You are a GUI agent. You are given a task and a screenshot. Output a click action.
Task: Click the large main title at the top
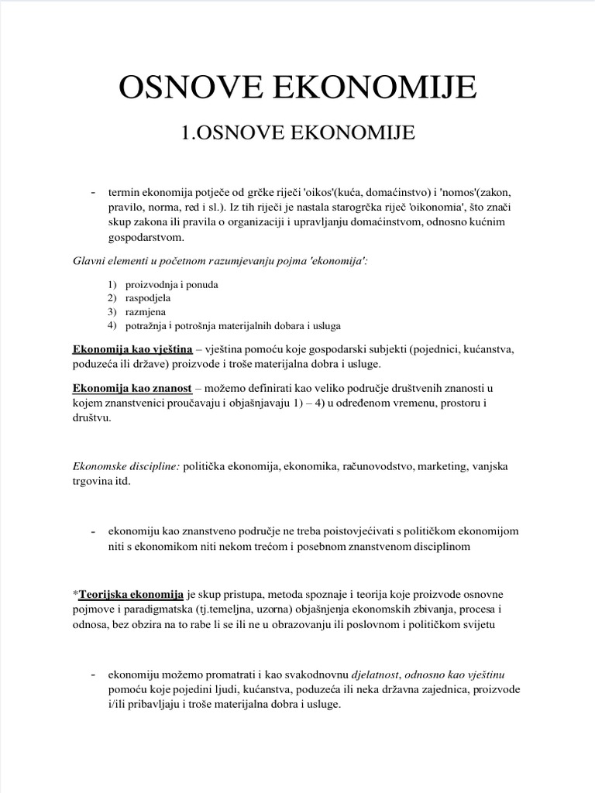coord(297,88)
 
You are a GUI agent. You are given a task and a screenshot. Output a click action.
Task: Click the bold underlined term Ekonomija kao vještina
coord(132,349)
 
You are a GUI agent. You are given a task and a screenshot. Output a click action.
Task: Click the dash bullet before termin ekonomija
coord(93,192)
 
